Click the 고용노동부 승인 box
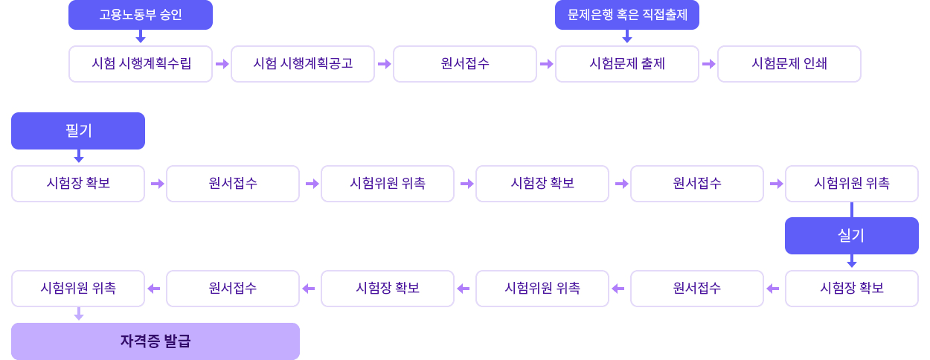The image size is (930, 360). pos(141,15)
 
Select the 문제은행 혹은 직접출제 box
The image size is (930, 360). pos(627,15)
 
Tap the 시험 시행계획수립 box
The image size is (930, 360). pos(141,64)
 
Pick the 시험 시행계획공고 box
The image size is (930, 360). pos(303,64)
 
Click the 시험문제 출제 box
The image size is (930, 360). pos(627,64)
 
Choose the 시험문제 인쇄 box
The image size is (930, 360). pos(789,64)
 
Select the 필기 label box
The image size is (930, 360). pos(78,131)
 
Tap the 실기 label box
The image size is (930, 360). pos(852,236)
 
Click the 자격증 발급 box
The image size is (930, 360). pos(155,341)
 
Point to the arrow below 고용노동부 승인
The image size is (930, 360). pos(141,36)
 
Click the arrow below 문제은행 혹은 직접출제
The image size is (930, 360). pos(627,36)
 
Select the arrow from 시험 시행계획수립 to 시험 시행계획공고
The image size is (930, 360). pos(222,64)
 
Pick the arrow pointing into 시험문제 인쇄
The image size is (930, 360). pos(708,64)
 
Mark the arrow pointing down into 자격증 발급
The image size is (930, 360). pos(78,315)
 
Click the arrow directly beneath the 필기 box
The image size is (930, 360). pos(78,156)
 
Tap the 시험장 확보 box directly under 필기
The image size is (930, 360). pos(78,184)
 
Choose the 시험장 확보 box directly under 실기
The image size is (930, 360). pos(852,289)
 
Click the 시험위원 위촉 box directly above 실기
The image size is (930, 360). pos(852,184)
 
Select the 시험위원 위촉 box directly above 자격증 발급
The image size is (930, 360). pos(78,289)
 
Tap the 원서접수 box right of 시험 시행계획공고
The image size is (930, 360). pos(465,64)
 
